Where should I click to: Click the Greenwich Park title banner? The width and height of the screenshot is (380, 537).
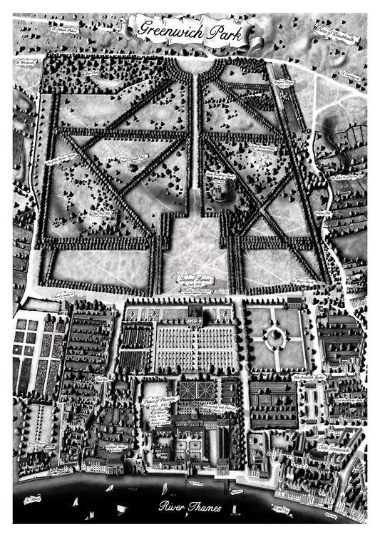[189, 29]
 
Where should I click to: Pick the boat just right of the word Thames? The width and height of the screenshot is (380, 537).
[235, 508]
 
